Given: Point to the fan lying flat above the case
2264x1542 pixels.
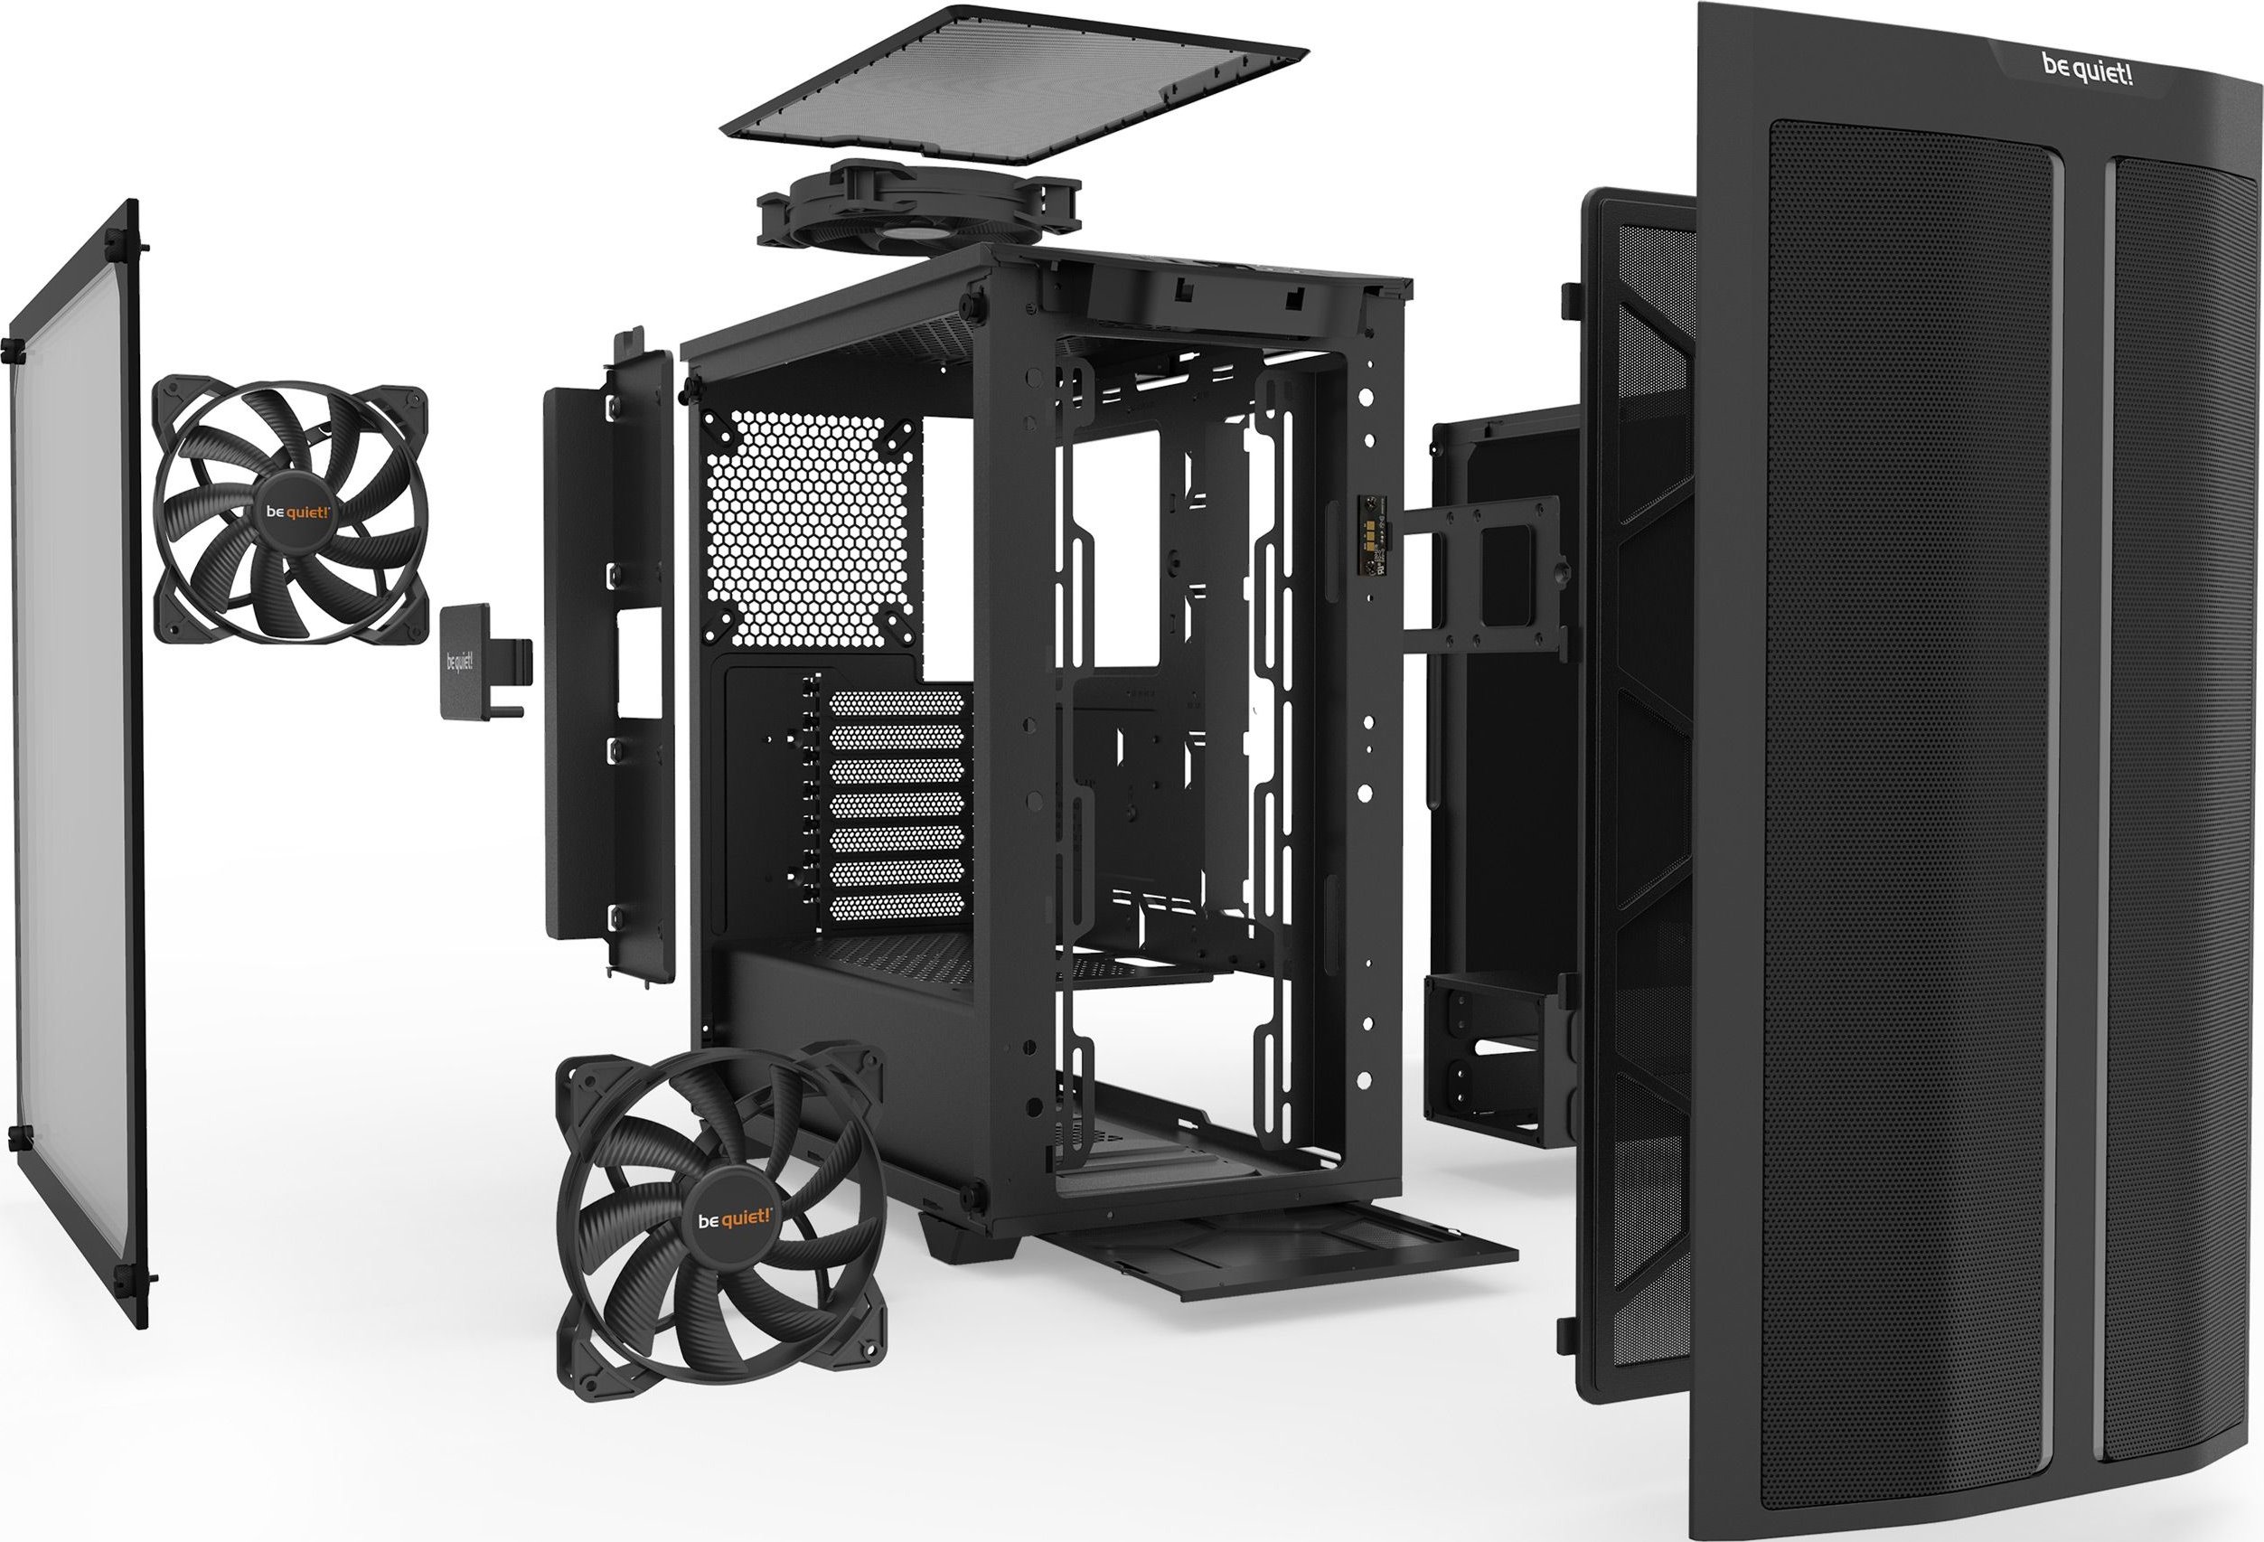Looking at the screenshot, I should (x=918, y=215).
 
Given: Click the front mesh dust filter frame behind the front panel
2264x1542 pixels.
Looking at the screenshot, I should (x=1637, y=779).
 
